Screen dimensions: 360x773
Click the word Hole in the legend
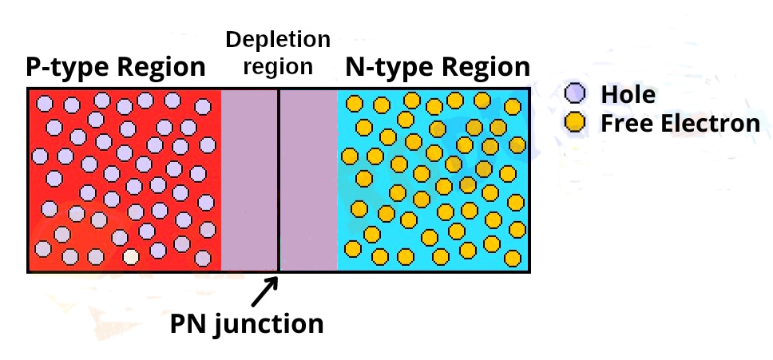(628, 95)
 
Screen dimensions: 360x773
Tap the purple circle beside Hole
(574, 94)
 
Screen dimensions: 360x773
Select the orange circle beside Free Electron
(574, 122)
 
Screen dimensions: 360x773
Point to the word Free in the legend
(623, 124)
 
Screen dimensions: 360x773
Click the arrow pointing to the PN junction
(264, 292)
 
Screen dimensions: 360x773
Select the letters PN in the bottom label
(187, 325)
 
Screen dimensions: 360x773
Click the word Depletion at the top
(277, 39)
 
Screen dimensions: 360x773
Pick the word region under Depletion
(277, 66)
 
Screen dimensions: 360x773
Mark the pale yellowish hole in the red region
(131, 257)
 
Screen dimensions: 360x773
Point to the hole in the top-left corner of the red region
(45, 103)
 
